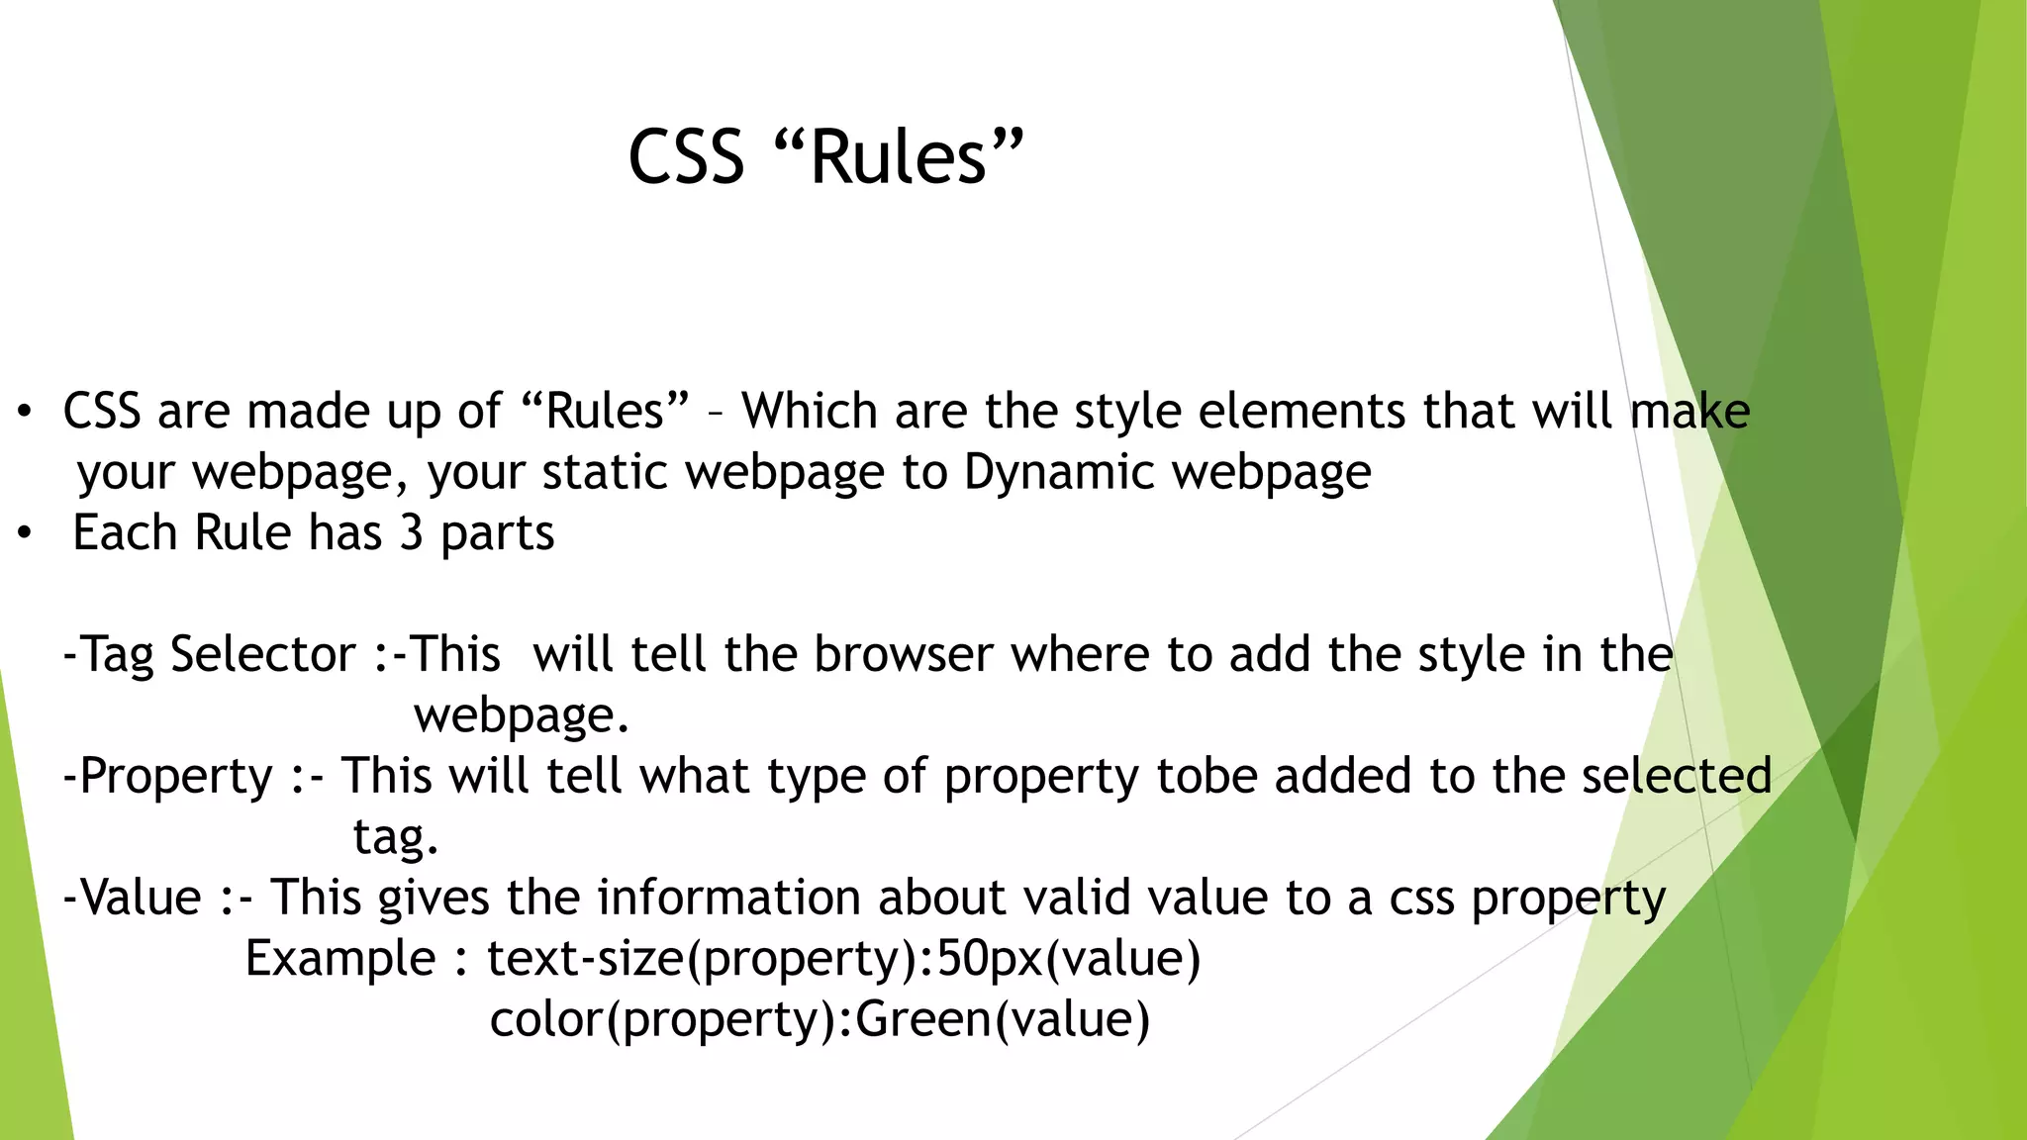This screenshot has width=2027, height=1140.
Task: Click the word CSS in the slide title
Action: click(x=686, y=158)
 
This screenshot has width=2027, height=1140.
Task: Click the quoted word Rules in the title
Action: click(x=898, y=158)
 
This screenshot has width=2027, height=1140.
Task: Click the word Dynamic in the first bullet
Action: click(x=1059, y=472)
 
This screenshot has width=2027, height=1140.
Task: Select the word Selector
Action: click(x=262, y=655)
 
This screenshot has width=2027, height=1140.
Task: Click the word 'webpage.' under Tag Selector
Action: click(x=522, y=715)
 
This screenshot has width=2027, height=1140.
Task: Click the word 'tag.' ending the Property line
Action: click(x=396, y=838)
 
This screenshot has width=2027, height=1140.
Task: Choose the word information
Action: click(x=728, y=898)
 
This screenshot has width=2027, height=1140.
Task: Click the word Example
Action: click(x=340, y=959)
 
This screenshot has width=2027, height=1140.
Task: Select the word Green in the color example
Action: click(x=923, y=1019)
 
